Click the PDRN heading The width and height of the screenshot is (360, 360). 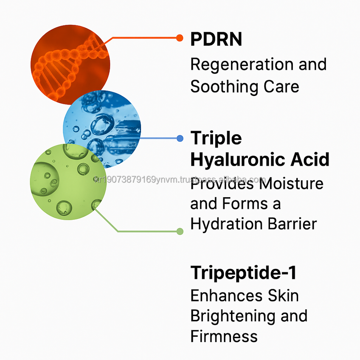point(216,39)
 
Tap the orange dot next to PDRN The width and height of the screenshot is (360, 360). point(180,38)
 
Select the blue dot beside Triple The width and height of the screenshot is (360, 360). point(180,138)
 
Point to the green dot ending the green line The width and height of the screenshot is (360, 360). point(180,231)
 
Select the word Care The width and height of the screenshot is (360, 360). point(284,87)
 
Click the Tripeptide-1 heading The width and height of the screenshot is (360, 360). point(243,273)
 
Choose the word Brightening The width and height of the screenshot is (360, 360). point(231,316)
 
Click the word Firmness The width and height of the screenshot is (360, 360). point(224,336)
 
